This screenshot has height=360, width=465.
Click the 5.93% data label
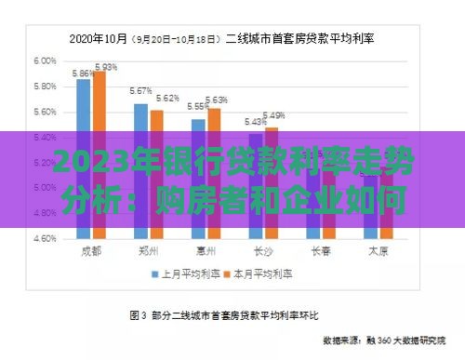pyautogui.click(x=106, y=67)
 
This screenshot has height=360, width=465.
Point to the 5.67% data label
pyautogui.click(x=140, y=91)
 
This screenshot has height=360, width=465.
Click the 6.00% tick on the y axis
pyautogui.click(x=46, y=60)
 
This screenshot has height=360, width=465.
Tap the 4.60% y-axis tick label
pyautogui.click(x=46, y=239)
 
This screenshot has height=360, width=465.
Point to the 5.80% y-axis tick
pyautogui.click(x=46, y=87)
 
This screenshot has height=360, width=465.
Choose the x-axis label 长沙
pyautogui.click(x=263, y=250)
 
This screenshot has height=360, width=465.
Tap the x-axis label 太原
pyautogui.click(x=378, y=250)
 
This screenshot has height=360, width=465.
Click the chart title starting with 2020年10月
pyautogui.click(x=232, y=39)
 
